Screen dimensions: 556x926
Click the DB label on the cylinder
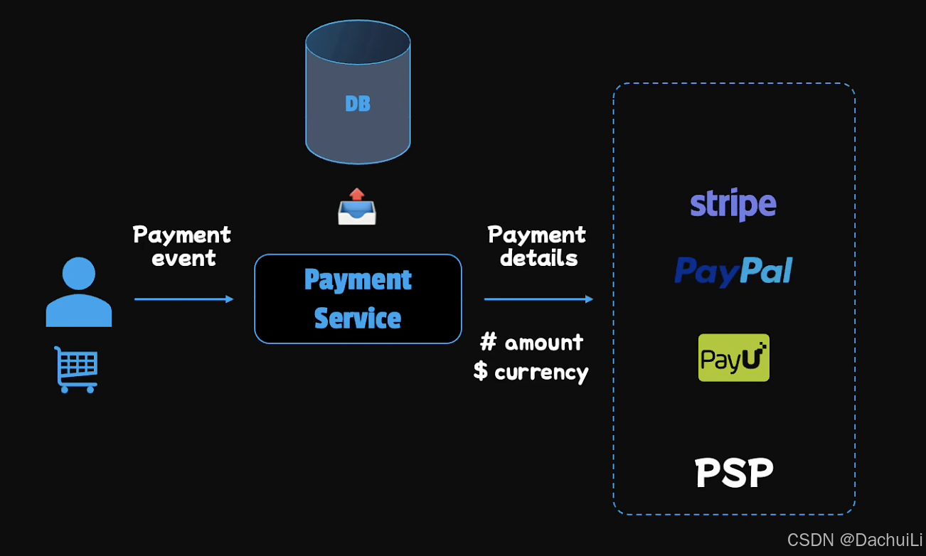[x=358, y=104]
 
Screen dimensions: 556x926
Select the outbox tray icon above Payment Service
[x=356, y=206]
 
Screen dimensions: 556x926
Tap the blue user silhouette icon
[x=78, y=292]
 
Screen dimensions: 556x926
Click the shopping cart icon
[x=76, y=369]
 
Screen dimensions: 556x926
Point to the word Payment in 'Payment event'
[x=182, y=235]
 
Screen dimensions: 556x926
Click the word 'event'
[x=183, y=258]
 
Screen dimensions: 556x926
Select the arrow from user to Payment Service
[x=183, y=299]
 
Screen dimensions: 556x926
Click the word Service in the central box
[x=358, y=318]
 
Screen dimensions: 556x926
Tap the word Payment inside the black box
[x=358, y=279]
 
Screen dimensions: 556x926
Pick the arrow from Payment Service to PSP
[x=538, y=299]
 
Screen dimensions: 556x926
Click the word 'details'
[x=538, y=258]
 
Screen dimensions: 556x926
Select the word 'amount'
[x=544, y=343]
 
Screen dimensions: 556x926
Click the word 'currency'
[x=541, y=372]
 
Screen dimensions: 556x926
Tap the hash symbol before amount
[x=488, y=343]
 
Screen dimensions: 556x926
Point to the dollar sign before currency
[x=481, y=370]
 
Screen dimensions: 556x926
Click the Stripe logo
[x=733, y=205]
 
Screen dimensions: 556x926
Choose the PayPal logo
[x=733, y=271]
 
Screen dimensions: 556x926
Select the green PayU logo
[x=733, y=358]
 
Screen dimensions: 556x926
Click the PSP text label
[x=734, y=473]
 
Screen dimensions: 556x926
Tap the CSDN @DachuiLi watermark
[x=854, y=540]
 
